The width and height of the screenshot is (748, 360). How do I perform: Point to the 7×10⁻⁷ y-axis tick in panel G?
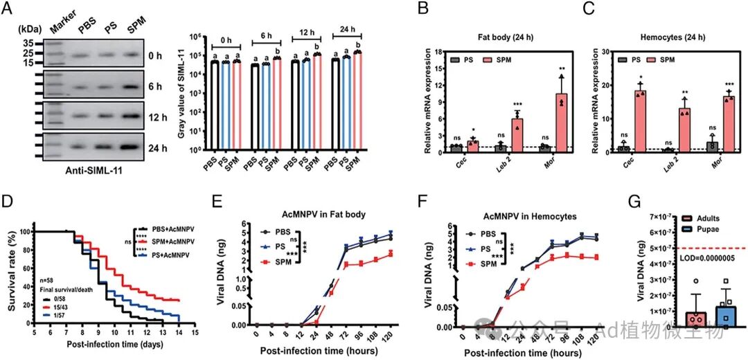657,217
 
